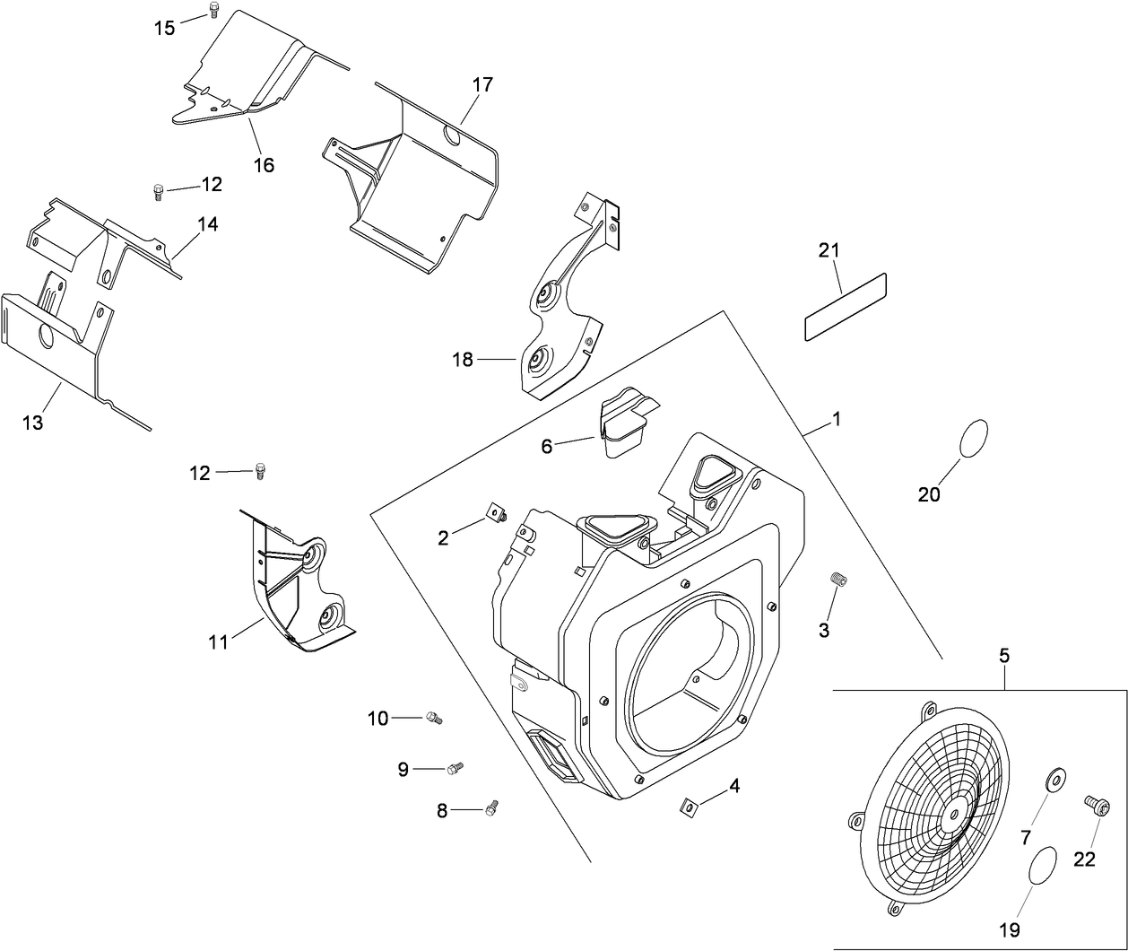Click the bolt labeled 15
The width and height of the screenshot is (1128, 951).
tap(213, 10)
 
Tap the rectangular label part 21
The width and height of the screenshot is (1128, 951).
tap(845, 307)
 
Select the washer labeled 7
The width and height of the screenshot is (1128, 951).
tap(1054, 779)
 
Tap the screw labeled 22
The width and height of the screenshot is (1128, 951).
tap(1094, 804)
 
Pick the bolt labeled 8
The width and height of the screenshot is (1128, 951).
tap(490, 809)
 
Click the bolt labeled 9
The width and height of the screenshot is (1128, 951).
tap(456, 768)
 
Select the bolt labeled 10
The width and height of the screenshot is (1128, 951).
tap(434, 717)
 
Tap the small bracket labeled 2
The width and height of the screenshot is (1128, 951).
tap(495, 513)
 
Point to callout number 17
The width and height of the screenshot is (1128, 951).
tap(482, 86)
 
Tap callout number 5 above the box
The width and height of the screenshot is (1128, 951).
tap(1004, 657)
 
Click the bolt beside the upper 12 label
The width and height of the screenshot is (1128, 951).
tap(158, 191)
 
